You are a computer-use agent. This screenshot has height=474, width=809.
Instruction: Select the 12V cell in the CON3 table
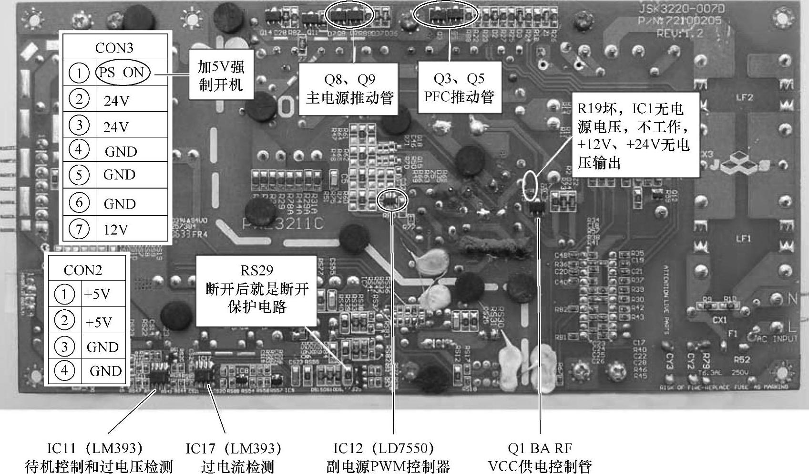[x=116, y=230]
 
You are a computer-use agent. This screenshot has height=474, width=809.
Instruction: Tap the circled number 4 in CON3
[x=79, y=149]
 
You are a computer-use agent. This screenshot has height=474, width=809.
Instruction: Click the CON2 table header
[x=83, y=270]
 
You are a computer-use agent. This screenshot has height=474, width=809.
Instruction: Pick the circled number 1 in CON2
[x=64, y=294]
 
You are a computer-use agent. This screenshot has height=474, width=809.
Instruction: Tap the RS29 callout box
[x=256, y=289]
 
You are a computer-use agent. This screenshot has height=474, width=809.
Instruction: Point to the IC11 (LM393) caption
[x=98, y=457]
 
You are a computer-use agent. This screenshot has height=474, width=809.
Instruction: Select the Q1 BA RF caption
[x=540, y=457]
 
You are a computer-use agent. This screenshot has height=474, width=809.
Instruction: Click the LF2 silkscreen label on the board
[x=744, y=97]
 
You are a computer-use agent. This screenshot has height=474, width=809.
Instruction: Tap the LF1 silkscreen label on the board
[x=743, y=238]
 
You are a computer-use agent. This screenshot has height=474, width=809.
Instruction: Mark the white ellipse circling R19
[x=530, y=185]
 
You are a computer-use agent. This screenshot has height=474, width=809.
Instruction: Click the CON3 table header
[x=114, y=48]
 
